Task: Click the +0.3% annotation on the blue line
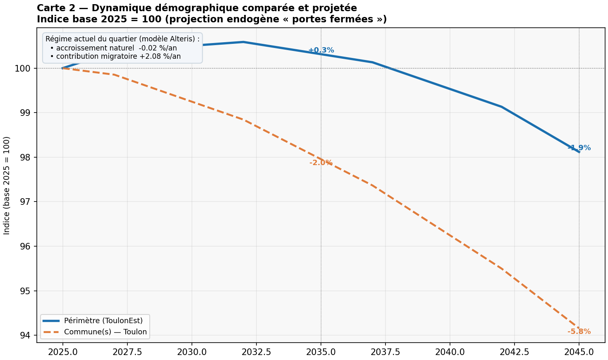[x=321, y=50]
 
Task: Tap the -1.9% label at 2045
[x=579, y=148]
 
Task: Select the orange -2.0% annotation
[x=321, y=163]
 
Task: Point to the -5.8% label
[x=579, y=331]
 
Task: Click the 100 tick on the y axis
[x=22, y=68]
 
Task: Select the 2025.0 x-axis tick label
[x=63, y=352]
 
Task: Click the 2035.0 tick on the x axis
[x=321, y=352]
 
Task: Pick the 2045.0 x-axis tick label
[x=579, y=352]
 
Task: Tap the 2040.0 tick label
[x=450, y=352]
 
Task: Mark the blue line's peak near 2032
[x=244, y=42]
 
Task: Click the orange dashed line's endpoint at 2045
[x=579, y=329]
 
